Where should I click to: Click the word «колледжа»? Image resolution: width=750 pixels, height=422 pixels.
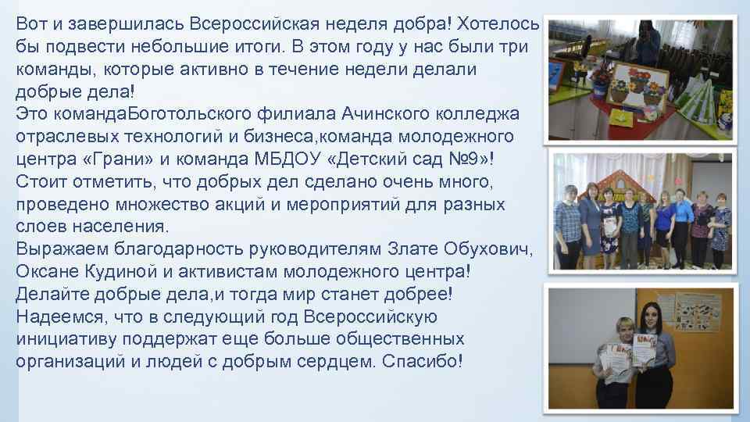click(x=486, y=115)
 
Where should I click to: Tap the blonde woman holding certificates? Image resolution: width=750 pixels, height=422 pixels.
click(x=614, y=352)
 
